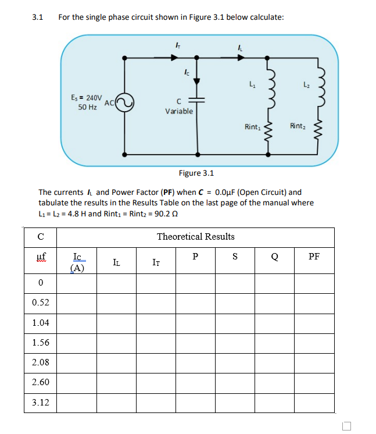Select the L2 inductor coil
point(318,88)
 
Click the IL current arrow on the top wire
point(241,57)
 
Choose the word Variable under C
point(179,111)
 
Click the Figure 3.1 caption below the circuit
point(196,173)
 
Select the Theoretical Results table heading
point(196,236)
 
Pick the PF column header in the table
point(314,256)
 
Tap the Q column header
point(274,256)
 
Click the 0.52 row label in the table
point(41,303)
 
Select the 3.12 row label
point(41,402)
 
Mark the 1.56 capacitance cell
point(41,342)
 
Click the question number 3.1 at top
point(38,17)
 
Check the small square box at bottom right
point(347,425)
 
